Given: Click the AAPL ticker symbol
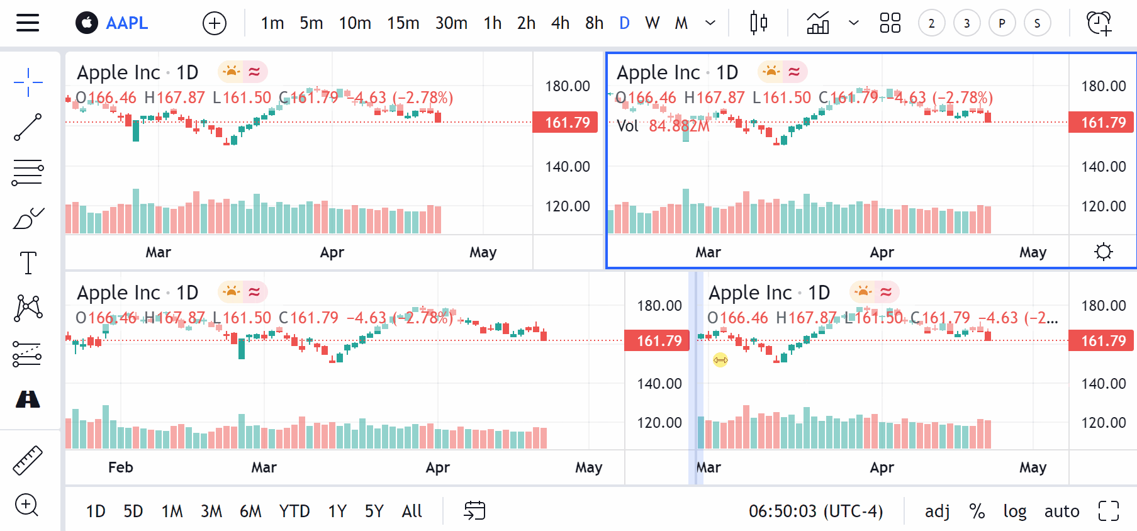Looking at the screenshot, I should point(126,23).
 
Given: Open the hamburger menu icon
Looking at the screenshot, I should point(28,23).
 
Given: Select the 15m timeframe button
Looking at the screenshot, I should point(403,23).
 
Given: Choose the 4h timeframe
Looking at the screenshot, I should point(560,23).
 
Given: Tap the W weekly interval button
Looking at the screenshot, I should point(652,23).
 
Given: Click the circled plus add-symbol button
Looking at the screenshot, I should point(215,24).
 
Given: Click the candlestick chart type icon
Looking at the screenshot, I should point(758,23).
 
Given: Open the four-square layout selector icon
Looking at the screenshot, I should point(890,23).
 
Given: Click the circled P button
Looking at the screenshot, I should point(1002,24).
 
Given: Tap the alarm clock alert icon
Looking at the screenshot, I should point(1099,23).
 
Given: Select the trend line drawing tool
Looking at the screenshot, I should point(28,127).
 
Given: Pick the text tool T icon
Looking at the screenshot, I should point(28,262).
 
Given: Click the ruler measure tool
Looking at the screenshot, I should point(28,460).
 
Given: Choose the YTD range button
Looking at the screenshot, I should point(294,511).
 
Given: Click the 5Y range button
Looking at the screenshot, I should point(374,511).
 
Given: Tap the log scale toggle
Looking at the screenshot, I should point(1014,511).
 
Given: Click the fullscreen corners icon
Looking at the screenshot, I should point(1109,511).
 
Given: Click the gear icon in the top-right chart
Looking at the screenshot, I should point(1103,252).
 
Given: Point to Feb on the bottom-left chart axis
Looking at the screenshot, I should point(120,467).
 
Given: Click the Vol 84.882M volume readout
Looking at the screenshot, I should point(663,126).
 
